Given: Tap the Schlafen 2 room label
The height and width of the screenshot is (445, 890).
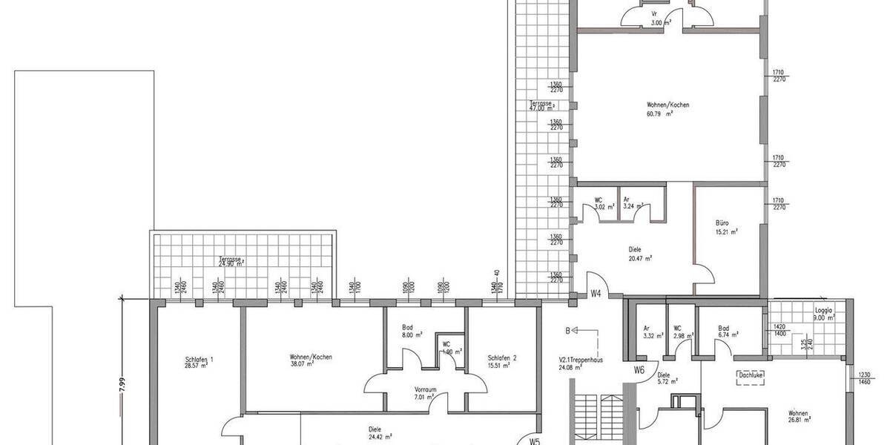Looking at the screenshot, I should tap(502, 357).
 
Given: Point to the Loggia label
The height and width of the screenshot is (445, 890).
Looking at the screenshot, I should tap(823, 311).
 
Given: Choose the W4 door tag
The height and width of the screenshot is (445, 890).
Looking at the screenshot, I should tap(595, 293).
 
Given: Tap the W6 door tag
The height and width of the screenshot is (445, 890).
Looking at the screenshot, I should tap(639, 369).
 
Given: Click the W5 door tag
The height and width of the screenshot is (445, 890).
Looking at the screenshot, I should tap(534, 440).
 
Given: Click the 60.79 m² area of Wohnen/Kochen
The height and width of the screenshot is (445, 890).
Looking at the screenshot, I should tap(659, 114).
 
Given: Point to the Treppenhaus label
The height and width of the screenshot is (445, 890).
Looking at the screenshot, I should tap(581, 360).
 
